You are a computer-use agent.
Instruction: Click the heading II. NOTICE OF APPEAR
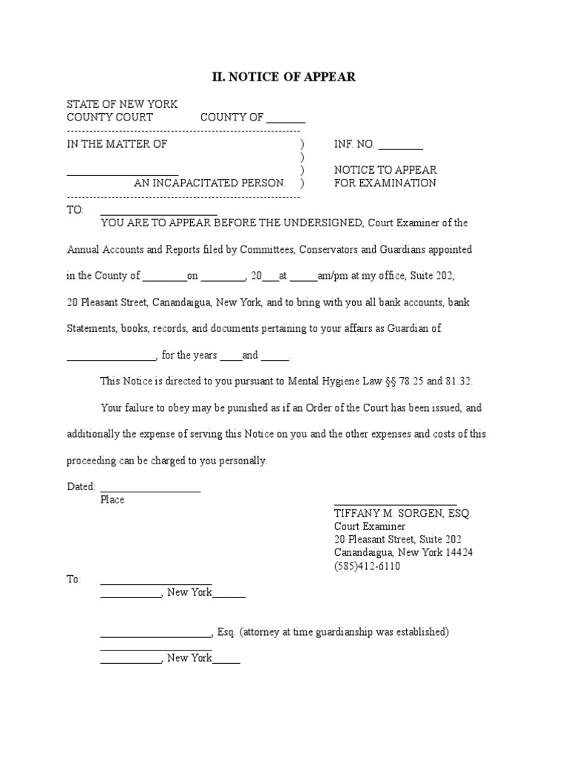(x=284, y=77)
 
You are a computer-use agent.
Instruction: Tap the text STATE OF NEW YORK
(x=122, y=104)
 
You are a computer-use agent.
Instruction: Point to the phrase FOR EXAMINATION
(x=385, y=183)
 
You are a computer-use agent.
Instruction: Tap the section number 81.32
(x=458, y=381)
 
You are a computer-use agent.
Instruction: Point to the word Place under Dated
(x=112, y=500)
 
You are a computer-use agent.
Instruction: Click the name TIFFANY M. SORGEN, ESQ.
(x=402, y=513)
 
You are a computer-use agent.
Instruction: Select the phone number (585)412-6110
(x=368, y=566)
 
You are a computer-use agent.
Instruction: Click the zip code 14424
(x=459, y=553)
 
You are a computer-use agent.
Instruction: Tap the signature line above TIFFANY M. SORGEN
(x=395, y=503)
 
